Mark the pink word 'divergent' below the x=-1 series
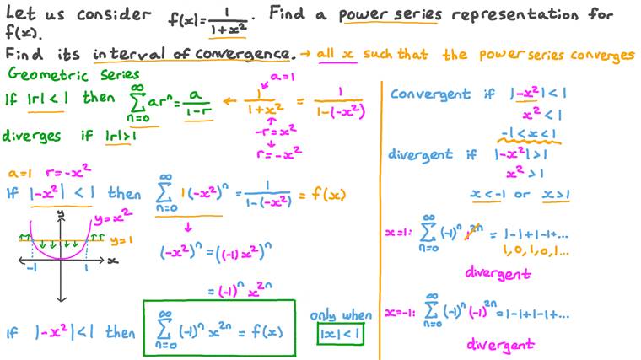pyautogui.click(x=499, y=345)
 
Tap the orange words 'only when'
pyautogui.click(x=337, y=315)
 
